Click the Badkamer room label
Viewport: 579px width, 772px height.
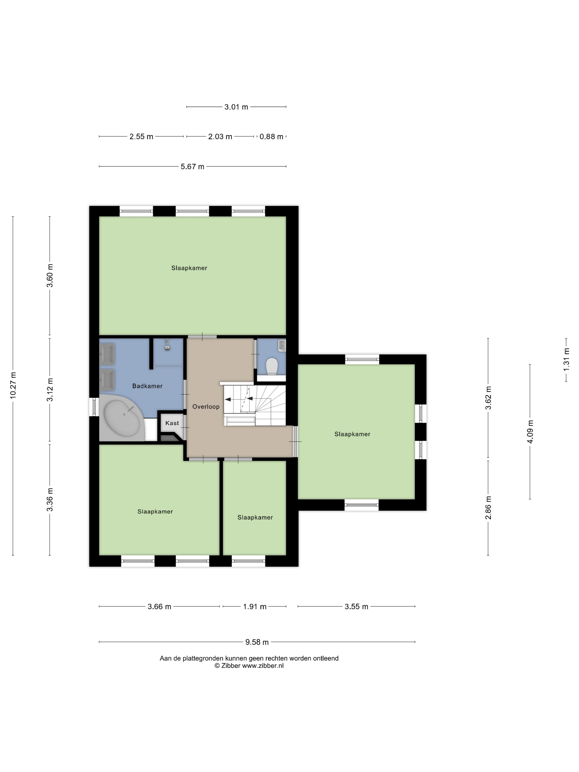click(x=147, y=386)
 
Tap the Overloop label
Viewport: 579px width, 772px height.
click(x=206, y=407)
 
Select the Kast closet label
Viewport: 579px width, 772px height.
click(x=172, y=423)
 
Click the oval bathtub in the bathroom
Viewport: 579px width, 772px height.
click(x=122, y=418)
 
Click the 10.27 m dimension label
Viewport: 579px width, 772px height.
click(x=13, y=385)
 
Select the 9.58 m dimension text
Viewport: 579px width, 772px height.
click(x=257, y=642)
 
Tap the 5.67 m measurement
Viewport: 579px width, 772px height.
click(x=192, y=167)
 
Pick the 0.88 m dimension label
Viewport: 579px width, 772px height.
click(x=271, y=137)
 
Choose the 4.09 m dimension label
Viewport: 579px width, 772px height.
click(x=530, y=431)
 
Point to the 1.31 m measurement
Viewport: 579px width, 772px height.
click(x=566, y=360)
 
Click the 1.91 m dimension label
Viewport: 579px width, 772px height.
click(x=255, y=607)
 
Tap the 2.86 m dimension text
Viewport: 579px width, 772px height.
click(x=488, y=508)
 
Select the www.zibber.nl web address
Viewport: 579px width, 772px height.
click(x=263, y=666)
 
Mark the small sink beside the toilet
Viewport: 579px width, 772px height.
click(x=282, y=345)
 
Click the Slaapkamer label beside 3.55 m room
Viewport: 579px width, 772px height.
click(x=352, y=434)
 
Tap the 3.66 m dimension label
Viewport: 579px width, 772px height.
click(x=159, y=607)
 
